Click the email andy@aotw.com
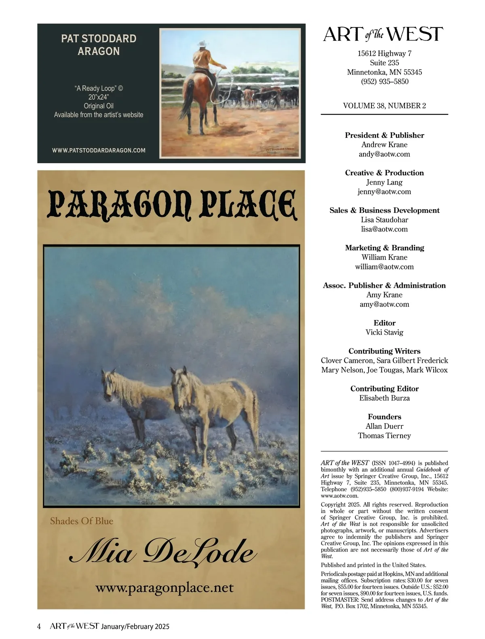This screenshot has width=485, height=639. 384,154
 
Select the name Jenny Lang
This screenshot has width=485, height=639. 384,182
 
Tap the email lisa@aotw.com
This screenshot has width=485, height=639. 384,229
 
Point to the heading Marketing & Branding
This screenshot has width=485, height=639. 384,248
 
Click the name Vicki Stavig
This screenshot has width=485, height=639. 384,332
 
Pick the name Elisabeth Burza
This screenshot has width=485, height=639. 384,398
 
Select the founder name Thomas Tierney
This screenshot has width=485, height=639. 384,435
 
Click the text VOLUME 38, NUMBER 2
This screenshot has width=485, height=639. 384,106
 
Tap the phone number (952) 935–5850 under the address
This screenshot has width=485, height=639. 384,82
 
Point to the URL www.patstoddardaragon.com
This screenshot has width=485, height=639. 99,150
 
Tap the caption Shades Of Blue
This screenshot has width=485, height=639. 82,521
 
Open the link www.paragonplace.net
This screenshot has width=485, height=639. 164,587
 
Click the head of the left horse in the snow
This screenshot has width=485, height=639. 108,382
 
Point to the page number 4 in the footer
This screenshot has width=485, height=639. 39,626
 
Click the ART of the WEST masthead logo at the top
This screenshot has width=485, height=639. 383,35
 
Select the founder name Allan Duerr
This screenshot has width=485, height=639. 384,426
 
